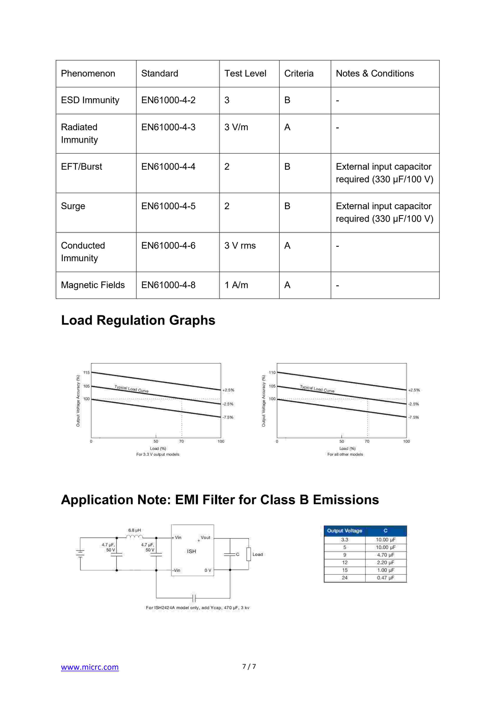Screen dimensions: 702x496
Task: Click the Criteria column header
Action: click(299, 73)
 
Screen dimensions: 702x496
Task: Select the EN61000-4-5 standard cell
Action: click(168, 206)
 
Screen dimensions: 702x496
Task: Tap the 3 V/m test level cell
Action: click(236, 127)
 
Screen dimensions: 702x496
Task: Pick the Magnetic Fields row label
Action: click(93, 285)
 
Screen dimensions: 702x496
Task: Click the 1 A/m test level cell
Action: click(236, 285)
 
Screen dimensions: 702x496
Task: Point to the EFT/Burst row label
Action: click(82, 167)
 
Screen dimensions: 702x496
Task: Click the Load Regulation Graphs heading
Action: click(138, 320)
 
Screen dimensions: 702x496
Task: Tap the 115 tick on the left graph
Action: click(86, 372)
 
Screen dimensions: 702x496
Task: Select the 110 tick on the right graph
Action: click(272, 372)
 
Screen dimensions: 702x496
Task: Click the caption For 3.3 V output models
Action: click(158, 454)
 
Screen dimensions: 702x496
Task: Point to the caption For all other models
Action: click(345, 454)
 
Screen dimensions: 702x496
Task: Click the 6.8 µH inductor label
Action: click(134, 530)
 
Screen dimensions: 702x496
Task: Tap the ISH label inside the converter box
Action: click(191, 551)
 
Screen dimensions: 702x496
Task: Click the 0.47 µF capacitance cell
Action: click(385, 578)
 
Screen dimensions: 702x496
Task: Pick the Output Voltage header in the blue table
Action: click(345, 531)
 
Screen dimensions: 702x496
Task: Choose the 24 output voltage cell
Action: click(345, 578)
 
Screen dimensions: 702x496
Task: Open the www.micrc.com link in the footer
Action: click(90, 667)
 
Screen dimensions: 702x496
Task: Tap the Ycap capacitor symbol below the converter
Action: click(194, 598)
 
